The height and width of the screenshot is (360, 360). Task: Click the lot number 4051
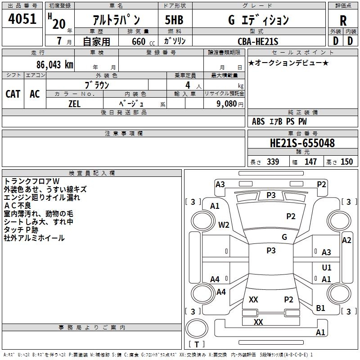22,20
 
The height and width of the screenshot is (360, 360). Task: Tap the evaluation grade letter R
343,20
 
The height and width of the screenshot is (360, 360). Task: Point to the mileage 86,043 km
54,64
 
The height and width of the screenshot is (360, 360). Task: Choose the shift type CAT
13,94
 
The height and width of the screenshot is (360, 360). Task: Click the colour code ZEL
74,103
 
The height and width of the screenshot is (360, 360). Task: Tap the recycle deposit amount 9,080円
229,103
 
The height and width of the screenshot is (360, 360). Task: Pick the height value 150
346,162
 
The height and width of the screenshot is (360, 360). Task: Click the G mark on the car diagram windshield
284,237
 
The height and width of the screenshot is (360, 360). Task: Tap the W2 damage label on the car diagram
224,225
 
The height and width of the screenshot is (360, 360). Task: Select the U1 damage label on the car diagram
327,267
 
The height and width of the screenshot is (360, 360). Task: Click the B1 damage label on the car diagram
320,308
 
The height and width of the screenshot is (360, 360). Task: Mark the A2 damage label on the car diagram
346,240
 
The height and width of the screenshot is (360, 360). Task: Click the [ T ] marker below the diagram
196,345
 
